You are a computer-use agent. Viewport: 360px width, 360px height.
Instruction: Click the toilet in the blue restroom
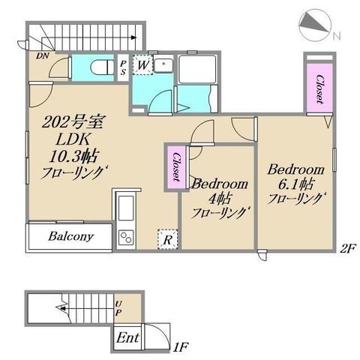coord(102,67)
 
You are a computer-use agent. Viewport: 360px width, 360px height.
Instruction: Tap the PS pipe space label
coord(123,68)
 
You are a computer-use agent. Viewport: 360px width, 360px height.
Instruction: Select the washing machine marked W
coord(142,65)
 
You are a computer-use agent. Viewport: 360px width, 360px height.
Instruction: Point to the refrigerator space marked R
coord(167,240)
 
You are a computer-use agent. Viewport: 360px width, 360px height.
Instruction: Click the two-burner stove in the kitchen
coord(126,238)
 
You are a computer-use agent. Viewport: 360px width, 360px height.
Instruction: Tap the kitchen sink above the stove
coord(126,208)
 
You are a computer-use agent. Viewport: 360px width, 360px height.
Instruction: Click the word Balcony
coord(71,236)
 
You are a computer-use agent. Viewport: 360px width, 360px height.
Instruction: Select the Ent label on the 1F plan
coord(127,338)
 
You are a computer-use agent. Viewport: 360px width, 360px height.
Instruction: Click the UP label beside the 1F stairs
coord(118,308)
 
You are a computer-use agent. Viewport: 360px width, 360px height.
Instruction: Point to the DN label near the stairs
coord(43,55)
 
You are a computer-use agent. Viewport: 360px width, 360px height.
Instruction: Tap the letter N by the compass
coord(337,37)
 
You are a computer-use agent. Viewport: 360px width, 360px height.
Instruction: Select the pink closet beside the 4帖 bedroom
coord(176,167)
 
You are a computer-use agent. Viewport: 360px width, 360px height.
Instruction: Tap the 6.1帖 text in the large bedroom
coord(295,184)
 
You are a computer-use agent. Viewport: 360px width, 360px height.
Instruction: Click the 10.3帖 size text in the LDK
coord(73,157)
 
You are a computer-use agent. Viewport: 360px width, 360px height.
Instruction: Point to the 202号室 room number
coord(73,122)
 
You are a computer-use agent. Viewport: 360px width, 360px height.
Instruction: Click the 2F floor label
coord(347,249)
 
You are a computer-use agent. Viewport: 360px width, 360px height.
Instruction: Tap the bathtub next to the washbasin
coord(197,70)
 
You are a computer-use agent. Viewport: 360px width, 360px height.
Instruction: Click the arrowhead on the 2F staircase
coord(134,37)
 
